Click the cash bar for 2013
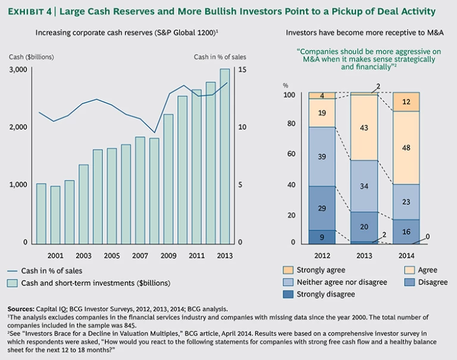click(224, 156)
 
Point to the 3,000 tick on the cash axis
click(18, 70)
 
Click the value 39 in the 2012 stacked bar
click(321, 156)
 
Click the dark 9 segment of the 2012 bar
click(321, 237)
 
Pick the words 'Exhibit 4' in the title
click(32, 12)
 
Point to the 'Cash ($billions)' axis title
click(32, 57)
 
